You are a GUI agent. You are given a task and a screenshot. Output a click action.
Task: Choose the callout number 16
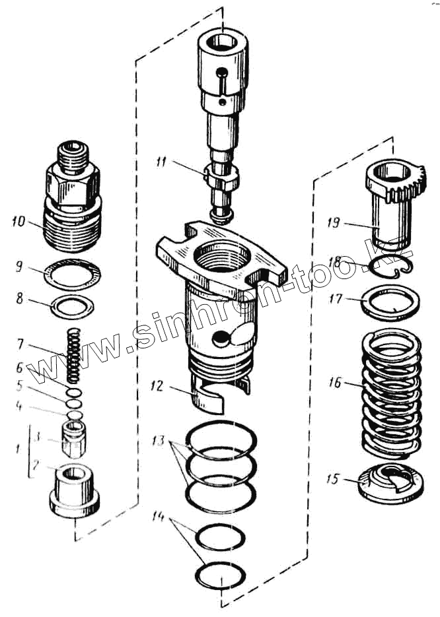tap(334, 382)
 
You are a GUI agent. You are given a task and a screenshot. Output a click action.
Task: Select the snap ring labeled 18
tap(390, 267)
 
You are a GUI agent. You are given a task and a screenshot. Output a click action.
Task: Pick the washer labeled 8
tap(73, 305)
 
